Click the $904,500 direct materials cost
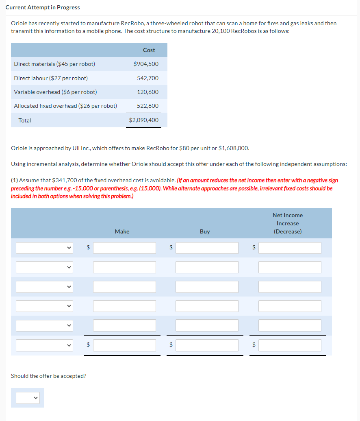coord(146,64)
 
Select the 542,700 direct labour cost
coord(147,78)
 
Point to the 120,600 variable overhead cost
coord(147,92)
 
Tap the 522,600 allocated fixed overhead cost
coord(147,106)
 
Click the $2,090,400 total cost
coord(143,120)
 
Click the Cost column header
coord(149,50)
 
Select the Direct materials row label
coord(54,64)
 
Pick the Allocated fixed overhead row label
coord(65,106)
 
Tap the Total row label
coord(25,120)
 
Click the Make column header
coord(122,231)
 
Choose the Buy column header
coord(205,231)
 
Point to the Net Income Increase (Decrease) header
coord(288,223)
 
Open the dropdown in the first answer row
coord(44,248)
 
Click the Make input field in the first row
coord(124,248)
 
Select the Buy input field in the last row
coord(207,345)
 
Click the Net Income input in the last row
coord(290,345)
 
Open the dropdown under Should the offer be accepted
coord(28,397)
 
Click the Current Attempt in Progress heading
coord(43,7)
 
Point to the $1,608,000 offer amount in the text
coord(234,148)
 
